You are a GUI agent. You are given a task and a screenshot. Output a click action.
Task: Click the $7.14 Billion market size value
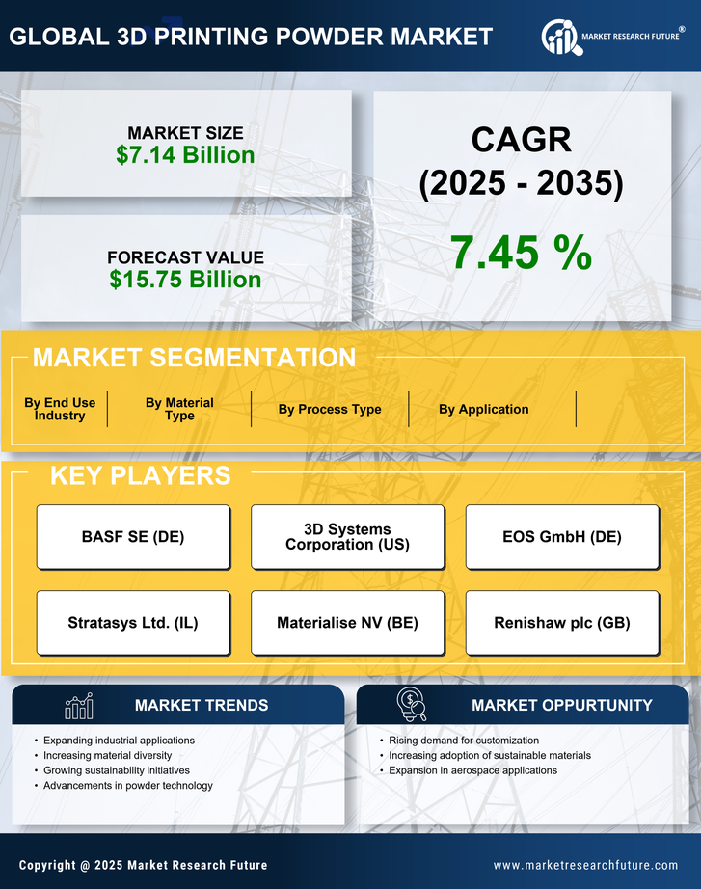click(x=185, y=155)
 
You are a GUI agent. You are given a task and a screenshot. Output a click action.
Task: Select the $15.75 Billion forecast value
click(x=185, y=280)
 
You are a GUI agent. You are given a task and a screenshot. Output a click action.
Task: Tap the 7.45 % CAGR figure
click(x=521, y=253)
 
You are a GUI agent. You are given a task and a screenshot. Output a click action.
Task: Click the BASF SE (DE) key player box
click(x=133, y=537)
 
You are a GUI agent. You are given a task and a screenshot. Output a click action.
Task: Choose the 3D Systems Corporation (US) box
click(x=347, y=537)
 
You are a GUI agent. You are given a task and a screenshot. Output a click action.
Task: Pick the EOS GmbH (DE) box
click(x=562, y=537)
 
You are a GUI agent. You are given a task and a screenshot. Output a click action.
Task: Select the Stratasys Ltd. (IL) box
click(x=133, y=623)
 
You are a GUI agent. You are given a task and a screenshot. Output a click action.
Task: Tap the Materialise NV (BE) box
click(x=347, y=623)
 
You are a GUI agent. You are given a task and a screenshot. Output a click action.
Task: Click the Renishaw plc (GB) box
click(x=562, y=623)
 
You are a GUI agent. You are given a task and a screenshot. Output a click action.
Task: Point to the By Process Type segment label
click(x=330, y=409)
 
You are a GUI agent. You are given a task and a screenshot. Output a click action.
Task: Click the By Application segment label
click(x=483, y=409)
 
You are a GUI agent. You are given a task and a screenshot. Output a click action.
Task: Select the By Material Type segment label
click(x=179, y=409)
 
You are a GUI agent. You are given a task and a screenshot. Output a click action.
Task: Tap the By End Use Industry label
click(x=60, y=409)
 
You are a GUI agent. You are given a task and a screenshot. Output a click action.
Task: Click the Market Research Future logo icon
click(x=559, y=36)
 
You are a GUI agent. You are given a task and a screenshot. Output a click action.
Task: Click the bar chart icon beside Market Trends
click(x=79, y=706)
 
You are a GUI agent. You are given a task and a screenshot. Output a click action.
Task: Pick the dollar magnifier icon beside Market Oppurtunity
click(x=411, y=705)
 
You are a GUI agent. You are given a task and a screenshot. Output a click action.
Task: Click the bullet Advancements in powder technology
click(x=128, y=786)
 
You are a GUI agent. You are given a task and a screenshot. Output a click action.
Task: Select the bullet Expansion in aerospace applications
click(x=472, y=770)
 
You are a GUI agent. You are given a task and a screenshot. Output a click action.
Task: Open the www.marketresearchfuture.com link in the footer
click(x=585, y=865)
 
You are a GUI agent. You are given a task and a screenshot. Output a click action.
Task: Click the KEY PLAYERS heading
click(x=140, y=475)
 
